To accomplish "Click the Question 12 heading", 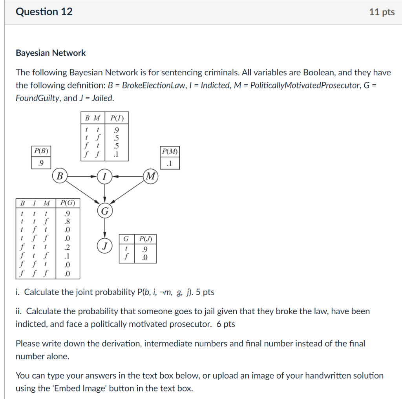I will tap(44, 12).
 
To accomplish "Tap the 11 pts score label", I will tap(382, 12).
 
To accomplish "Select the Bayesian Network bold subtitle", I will tap(51, 53).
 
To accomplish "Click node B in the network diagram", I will tap(60, 176).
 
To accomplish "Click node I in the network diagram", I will tap(104, 176).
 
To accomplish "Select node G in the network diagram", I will tap(104, 212).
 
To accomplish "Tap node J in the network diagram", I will tap(104, 247).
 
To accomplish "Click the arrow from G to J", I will tap(104, 229).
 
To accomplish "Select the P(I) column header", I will tap(117, 118).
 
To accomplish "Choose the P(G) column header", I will tap(68, 203).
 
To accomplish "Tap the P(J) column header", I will tap(145, 239).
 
